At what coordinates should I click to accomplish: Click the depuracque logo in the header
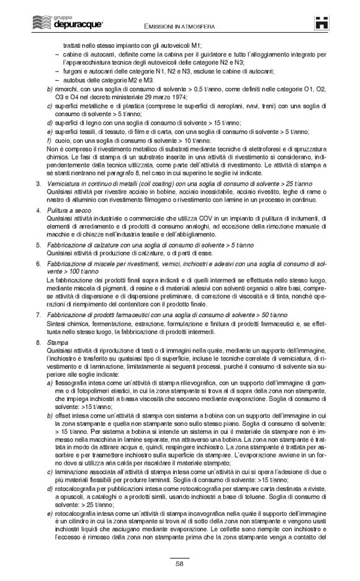coord(50,24)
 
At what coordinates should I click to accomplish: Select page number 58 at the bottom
coord(179,563)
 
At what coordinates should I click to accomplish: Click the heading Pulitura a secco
coord(70,212)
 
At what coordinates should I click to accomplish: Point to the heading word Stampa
coord(57,343)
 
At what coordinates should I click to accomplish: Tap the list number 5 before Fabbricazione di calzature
coord(38,246)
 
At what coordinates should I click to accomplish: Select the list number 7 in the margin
coord(38,316)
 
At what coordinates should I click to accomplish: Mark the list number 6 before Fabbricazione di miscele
coord(38,264)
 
